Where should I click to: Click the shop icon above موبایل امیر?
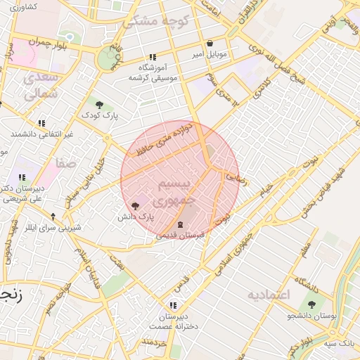[210, 44]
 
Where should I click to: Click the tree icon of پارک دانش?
[135, 205]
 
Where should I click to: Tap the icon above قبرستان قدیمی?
[180, 224]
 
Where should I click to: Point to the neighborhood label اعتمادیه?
[267, 294]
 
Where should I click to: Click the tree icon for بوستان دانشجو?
[311, 304]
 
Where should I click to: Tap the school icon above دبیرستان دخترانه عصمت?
[172, 305]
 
